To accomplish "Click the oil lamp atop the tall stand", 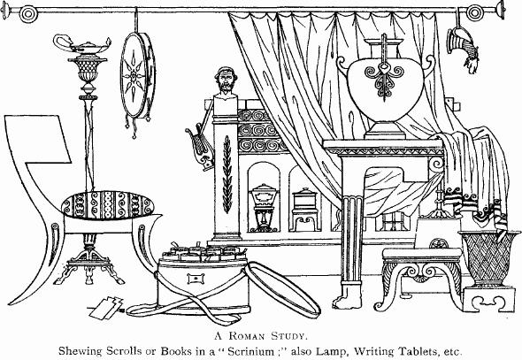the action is [x=81, y=45].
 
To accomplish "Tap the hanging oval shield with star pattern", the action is [x=137, y=75].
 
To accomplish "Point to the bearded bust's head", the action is [x=226, y=80].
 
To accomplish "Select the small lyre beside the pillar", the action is [x=201, y=147].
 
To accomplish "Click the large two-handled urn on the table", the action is [x=385, y=88].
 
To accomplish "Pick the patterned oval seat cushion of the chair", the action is [x=108, y=204].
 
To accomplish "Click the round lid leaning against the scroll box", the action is [x=282, y=288].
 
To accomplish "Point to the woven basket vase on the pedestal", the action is [x=488, y=259].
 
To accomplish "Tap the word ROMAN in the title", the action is [x=247, y=336].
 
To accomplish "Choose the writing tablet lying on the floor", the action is [x=106, y=307].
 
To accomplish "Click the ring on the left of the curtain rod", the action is [x=27, y=14].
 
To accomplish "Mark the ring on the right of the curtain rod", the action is [x=474, y=13].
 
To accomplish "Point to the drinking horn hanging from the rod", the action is [x=463, y=49].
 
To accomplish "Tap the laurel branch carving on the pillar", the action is [x=227, y=173].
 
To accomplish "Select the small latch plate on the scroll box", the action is [x=196, y=278].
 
